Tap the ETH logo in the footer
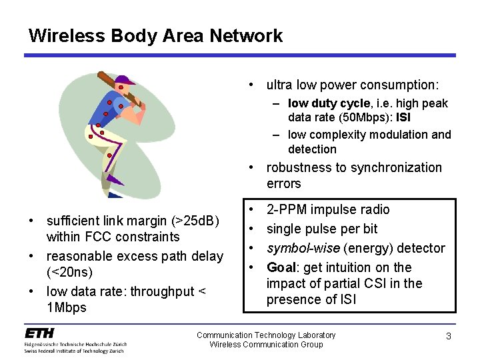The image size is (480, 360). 41,333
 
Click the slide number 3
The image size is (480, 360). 449,337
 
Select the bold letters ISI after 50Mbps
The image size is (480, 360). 403,118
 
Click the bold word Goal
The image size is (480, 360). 282,268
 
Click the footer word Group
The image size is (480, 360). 309,345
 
